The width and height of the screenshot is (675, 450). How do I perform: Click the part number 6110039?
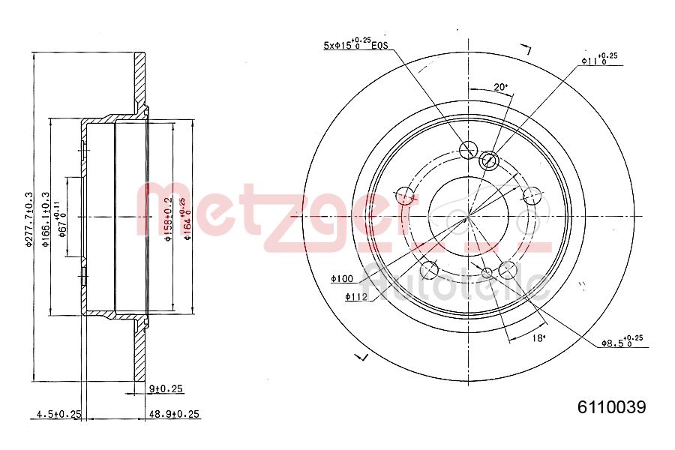611,407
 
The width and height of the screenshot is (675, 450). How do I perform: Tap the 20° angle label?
500,87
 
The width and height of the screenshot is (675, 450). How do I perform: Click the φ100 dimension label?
341,280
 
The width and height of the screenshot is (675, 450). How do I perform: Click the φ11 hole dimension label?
599,59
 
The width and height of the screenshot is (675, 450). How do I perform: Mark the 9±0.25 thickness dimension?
166,388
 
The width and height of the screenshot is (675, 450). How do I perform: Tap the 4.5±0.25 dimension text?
58,414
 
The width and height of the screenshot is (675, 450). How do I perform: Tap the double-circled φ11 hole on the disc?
488,159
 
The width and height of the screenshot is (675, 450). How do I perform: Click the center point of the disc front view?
468,217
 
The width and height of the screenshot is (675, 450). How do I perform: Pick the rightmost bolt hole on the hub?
532,196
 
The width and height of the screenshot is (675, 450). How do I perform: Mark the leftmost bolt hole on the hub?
406,198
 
